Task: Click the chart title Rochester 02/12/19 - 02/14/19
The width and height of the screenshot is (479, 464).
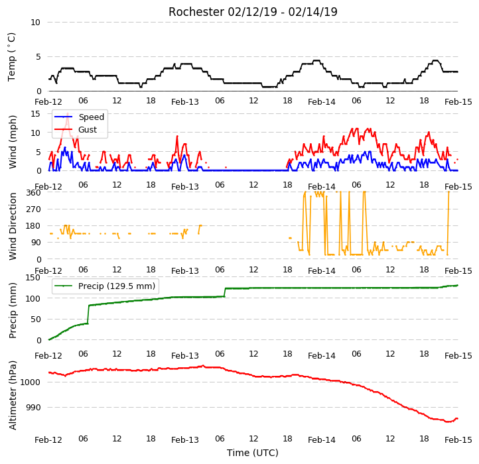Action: [253, 12]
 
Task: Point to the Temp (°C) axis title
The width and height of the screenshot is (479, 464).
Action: [11, 57]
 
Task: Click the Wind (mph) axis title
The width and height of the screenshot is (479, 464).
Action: [12, 142]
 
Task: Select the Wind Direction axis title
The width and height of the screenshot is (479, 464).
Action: [12, 226]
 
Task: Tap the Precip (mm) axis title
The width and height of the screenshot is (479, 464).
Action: [12, 310]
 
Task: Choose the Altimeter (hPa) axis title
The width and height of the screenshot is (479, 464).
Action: [12, 395]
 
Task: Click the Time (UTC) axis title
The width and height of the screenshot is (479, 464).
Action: [253, 453]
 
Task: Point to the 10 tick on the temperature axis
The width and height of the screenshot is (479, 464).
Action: [35, 23]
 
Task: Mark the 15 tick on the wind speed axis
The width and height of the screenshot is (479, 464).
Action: [35, 114]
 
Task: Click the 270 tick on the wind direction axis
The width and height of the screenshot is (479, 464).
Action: [34, 209]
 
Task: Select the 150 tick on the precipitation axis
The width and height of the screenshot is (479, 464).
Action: [33, 278]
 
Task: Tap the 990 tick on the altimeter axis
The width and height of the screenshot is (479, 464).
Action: [34, 408]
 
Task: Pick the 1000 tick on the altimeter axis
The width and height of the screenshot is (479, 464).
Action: [31, 382]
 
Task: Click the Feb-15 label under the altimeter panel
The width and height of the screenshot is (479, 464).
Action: [458, 440]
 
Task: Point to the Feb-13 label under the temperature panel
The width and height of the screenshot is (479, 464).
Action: [185, 102]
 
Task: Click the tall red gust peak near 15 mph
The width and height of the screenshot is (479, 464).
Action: [68, 114]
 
